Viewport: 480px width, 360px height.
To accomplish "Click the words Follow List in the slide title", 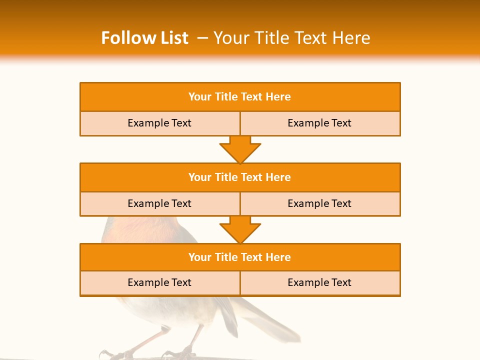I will click(144, 38).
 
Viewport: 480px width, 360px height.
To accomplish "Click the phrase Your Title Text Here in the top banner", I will click(292, 38).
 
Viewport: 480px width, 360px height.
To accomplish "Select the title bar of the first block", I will click(240, 97).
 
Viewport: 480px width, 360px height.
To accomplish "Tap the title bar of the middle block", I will click(240, 177).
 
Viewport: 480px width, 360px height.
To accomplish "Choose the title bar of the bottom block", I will click(240, 257).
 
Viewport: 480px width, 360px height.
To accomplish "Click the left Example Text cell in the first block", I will click(159, 123).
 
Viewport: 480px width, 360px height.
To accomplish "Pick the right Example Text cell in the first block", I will click(319, 123).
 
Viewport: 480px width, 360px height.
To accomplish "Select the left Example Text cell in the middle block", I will click(159, 204).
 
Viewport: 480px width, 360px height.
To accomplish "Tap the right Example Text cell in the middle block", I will click(319, 204).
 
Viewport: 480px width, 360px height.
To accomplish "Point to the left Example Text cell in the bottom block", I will click(159, 283).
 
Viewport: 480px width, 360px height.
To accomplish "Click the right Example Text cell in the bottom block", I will click(319, 283).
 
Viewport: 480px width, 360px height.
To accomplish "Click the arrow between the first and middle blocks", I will click(240, 149).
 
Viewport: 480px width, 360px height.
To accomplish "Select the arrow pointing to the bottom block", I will click(240, 229).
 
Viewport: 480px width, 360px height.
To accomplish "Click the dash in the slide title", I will click(202, 38).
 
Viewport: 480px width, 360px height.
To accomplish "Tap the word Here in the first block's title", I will click(278, 97).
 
